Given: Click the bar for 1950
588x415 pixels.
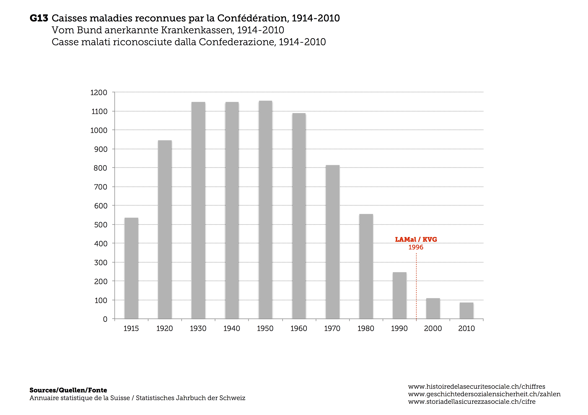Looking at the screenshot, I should coord(265,210).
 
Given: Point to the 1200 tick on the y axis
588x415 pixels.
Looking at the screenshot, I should coord(99,93).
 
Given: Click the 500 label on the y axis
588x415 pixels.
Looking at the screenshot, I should coord(101,225).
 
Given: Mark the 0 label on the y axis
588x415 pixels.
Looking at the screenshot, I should coord(105,319).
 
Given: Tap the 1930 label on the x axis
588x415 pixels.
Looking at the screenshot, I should coord(198,329).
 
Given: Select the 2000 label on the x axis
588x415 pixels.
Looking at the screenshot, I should coord(433,329).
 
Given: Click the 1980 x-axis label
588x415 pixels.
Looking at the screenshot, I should coord(366,329).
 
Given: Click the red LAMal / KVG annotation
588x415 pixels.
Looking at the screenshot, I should coord(416,240).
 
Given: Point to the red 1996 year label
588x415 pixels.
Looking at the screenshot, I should coord(416,247).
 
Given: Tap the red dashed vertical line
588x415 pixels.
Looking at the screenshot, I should coord(416,286).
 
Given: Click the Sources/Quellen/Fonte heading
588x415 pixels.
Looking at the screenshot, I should coord(68,390).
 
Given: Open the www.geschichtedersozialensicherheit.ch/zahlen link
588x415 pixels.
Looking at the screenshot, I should coord(484,394).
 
